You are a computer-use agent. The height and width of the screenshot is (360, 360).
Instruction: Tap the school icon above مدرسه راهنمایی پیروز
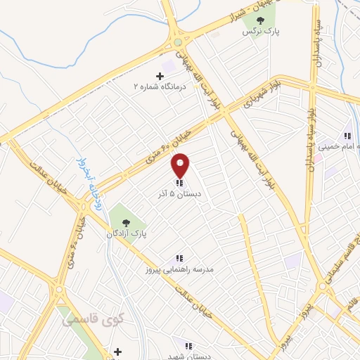point(180,258)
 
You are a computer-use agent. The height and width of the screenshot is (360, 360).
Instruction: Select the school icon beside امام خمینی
point(347,136)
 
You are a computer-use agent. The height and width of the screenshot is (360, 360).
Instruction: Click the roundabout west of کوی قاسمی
point(59,289)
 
